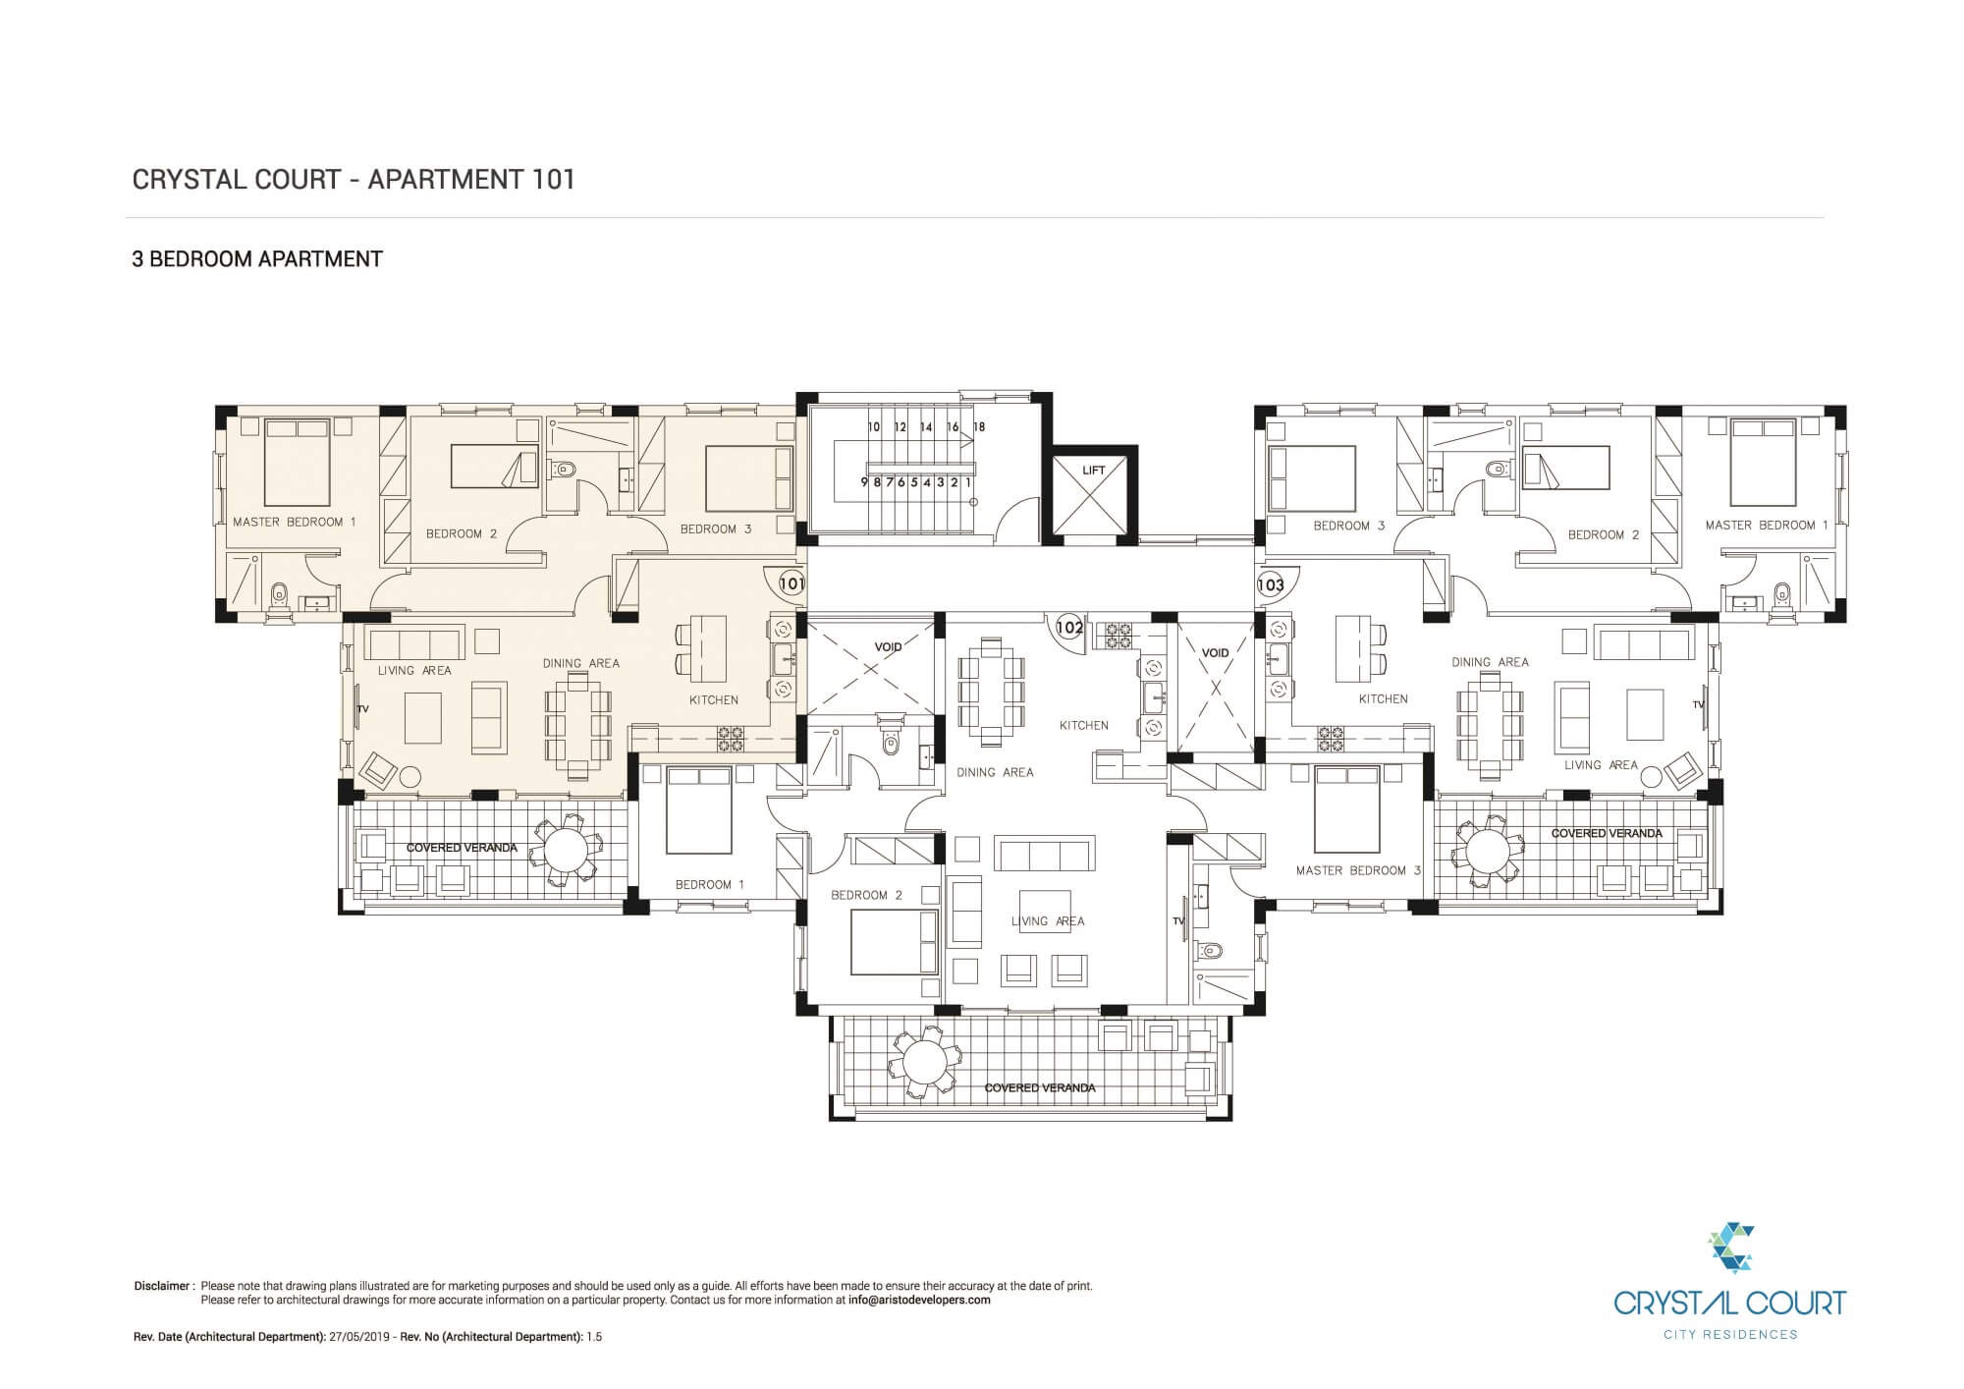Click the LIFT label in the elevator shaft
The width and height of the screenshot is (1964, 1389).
[x=1094, y=471]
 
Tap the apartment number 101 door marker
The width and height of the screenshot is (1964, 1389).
[x=791, y=583]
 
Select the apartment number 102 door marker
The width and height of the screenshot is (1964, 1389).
[x=1069, y=628]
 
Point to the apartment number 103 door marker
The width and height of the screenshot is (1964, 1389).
[x=1271, y=584]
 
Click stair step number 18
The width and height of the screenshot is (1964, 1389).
[x=978, y=427]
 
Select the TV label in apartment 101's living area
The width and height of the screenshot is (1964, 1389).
[x=362, y=708]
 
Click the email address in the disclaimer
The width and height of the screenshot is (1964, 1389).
[x=919, y=1300]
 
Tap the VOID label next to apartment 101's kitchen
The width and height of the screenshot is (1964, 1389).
[x=888, y=647]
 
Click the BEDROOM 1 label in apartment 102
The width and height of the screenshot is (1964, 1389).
[x=709, y=884]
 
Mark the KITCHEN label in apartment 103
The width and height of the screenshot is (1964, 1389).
[x=1383, y=699]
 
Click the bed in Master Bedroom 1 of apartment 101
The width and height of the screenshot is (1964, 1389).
[x=296, y=461]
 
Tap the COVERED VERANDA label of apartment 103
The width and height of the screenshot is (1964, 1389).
[x=1607, y=833]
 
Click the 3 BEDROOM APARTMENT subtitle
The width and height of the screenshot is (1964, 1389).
[x=257, y=259]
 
